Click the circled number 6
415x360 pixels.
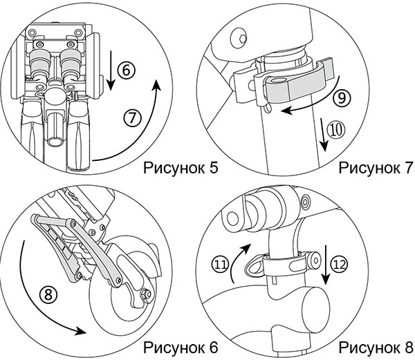[127, 70]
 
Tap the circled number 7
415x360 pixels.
[132, 117]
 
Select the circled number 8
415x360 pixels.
[48, 294]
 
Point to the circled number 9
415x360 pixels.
[342, 98]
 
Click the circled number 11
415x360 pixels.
[220, 265]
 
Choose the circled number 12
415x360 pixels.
[339, 264]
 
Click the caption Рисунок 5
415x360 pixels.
[181, 168]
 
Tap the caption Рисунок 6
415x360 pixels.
[181, 348]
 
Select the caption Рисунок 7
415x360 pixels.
[376, 168]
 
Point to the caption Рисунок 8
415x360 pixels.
[376, 348]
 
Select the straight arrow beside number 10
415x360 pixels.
[323, 135]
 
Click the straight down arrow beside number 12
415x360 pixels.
[326, 265]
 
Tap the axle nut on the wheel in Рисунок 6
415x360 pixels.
[145, 294]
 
